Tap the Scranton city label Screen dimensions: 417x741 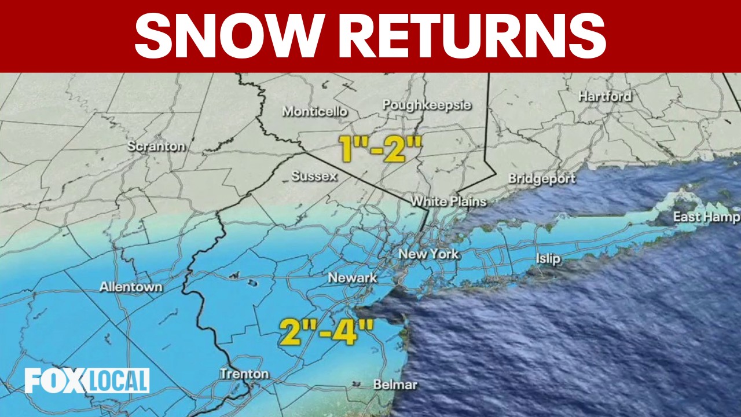(156, 147)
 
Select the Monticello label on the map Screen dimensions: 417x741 (315, 111)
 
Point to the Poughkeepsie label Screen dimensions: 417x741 (427, 105)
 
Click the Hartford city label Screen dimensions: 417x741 (605, 96)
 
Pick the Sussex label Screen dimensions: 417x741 (314, 176)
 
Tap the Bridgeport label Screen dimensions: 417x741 (542, 178)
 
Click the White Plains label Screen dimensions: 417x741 (448, 202)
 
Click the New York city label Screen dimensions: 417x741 (428, 254)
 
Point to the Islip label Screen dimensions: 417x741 (548, 258)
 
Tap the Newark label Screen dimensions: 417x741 (352, 278)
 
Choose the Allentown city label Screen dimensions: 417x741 (131, 287)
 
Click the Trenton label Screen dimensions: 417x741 (244, 374)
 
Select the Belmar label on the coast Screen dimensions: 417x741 (395, 385)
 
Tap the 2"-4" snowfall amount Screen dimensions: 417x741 (326, 331)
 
